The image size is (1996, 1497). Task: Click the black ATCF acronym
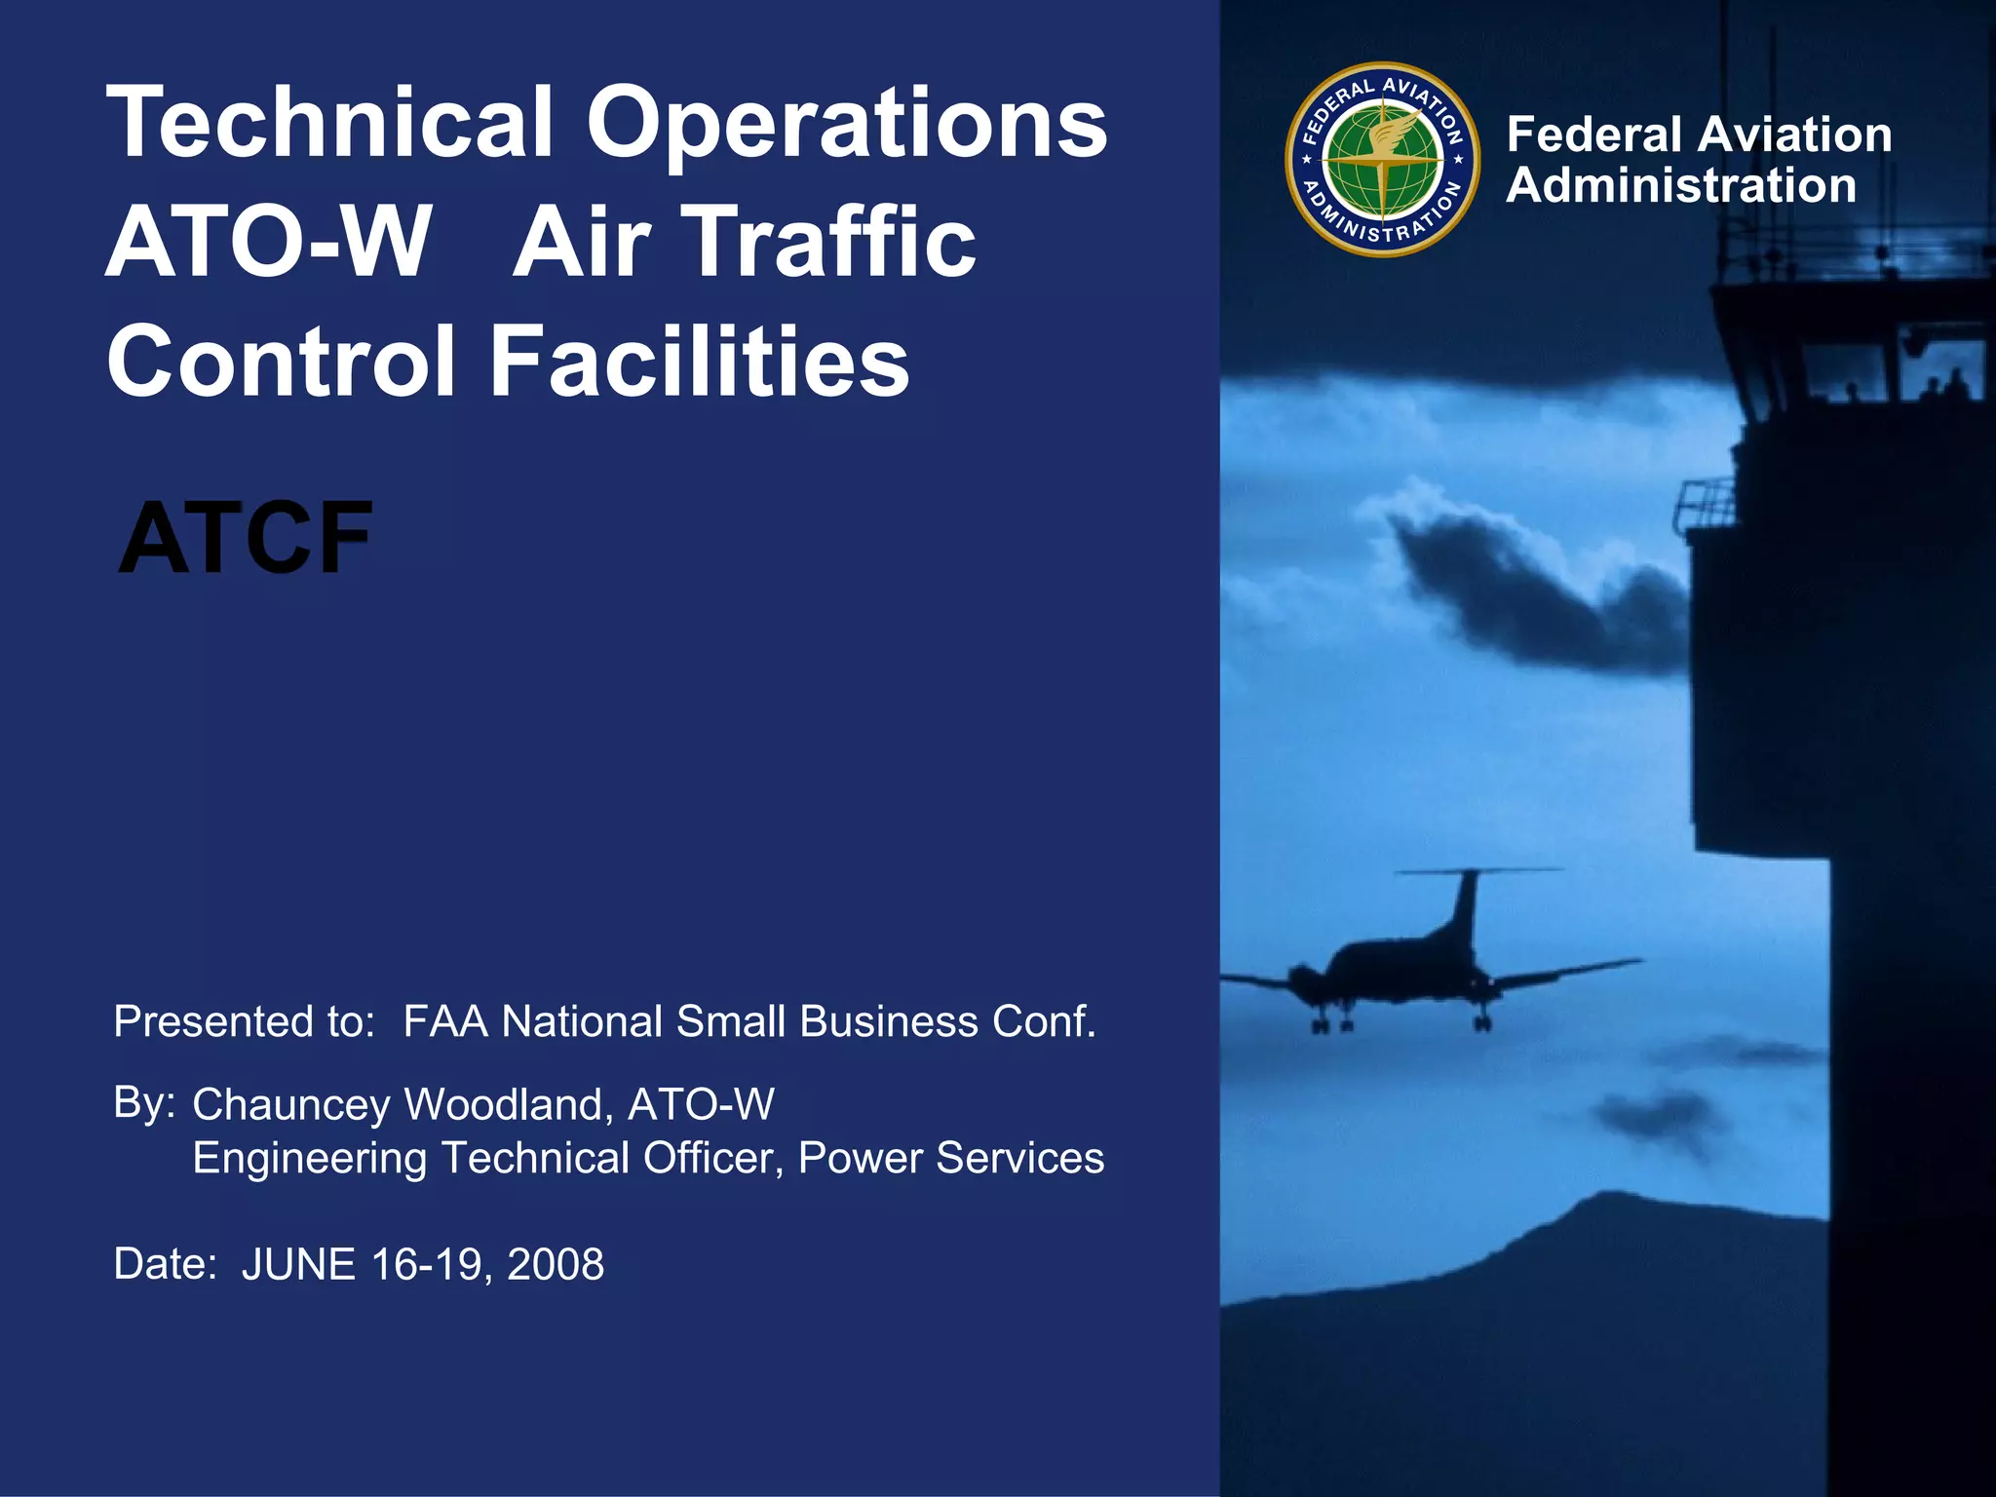click(246, 537)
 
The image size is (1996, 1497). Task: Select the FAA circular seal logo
click(1382, 160)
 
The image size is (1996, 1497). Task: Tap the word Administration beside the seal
click(1681, 185)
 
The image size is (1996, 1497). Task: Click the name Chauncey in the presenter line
click(291, 1105)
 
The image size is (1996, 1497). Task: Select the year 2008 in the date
click(556, 1264)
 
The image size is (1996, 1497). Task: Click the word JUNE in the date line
click(299, 1264)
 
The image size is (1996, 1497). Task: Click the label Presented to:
click(244, 1021)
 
